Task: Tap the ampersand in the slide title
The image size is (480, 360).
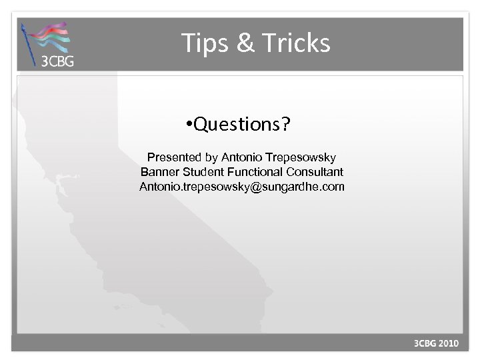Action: (x=244, y=43)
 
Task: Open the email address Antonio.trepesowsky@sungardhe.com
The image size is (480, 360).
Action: (x=241, y=187)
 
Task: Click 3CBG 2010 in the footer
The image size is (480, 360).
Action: (x=437, y=344)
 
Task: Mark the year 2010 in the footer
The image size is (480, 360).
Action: (x=449, y=344)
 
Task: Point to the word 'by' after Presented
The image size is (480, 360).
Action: (x=211, y=158)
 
